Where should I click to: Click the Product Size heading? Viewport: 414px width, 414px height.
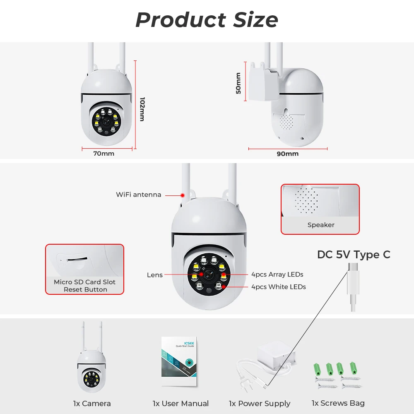coord(207,19)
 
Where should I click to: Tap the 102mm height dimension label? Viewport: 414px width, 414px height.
coord(142,109)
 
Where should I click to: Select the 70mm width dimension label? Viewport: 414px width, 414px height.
coord(103,154)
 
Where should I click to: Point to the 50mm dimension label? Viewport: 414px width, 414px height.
coord(238,83)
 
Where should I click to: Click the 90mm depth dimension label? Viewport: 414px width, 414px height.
coord(287,154)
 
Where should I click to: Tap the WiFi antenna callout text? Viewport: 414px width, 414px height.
coord(138,195)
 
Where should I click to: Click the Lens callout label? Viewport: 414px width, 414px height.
coord(154,275)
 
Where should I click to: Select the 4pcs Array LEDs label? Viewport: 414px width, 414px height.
coord(277,274)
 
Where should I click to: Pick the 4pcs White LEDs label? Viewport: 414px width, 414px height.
coord(278,287)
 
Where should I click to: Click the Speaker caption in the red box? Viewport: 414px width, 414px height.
coord(320,225)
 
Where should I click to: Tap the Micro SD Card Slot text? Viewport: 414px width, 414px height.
coord(84,282)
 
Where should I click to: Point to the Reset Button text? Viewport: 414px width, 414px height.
coord(85,289)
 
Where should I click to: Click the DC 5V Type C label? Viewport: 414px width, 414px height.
coord(354,255)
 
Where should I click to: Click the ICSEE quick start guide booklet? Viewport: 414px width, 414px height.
coord(179,361)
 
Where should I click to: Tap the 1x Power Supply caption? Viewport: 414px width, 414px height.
coord(260,404)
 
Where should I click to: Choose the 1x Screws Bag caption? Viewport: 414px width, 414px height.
coord(338,403)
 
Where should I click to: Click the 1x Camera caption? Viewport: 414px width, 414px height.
coord(92,404)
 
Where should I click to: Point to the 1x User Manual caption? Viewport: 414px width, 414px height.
coord(181,404)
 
